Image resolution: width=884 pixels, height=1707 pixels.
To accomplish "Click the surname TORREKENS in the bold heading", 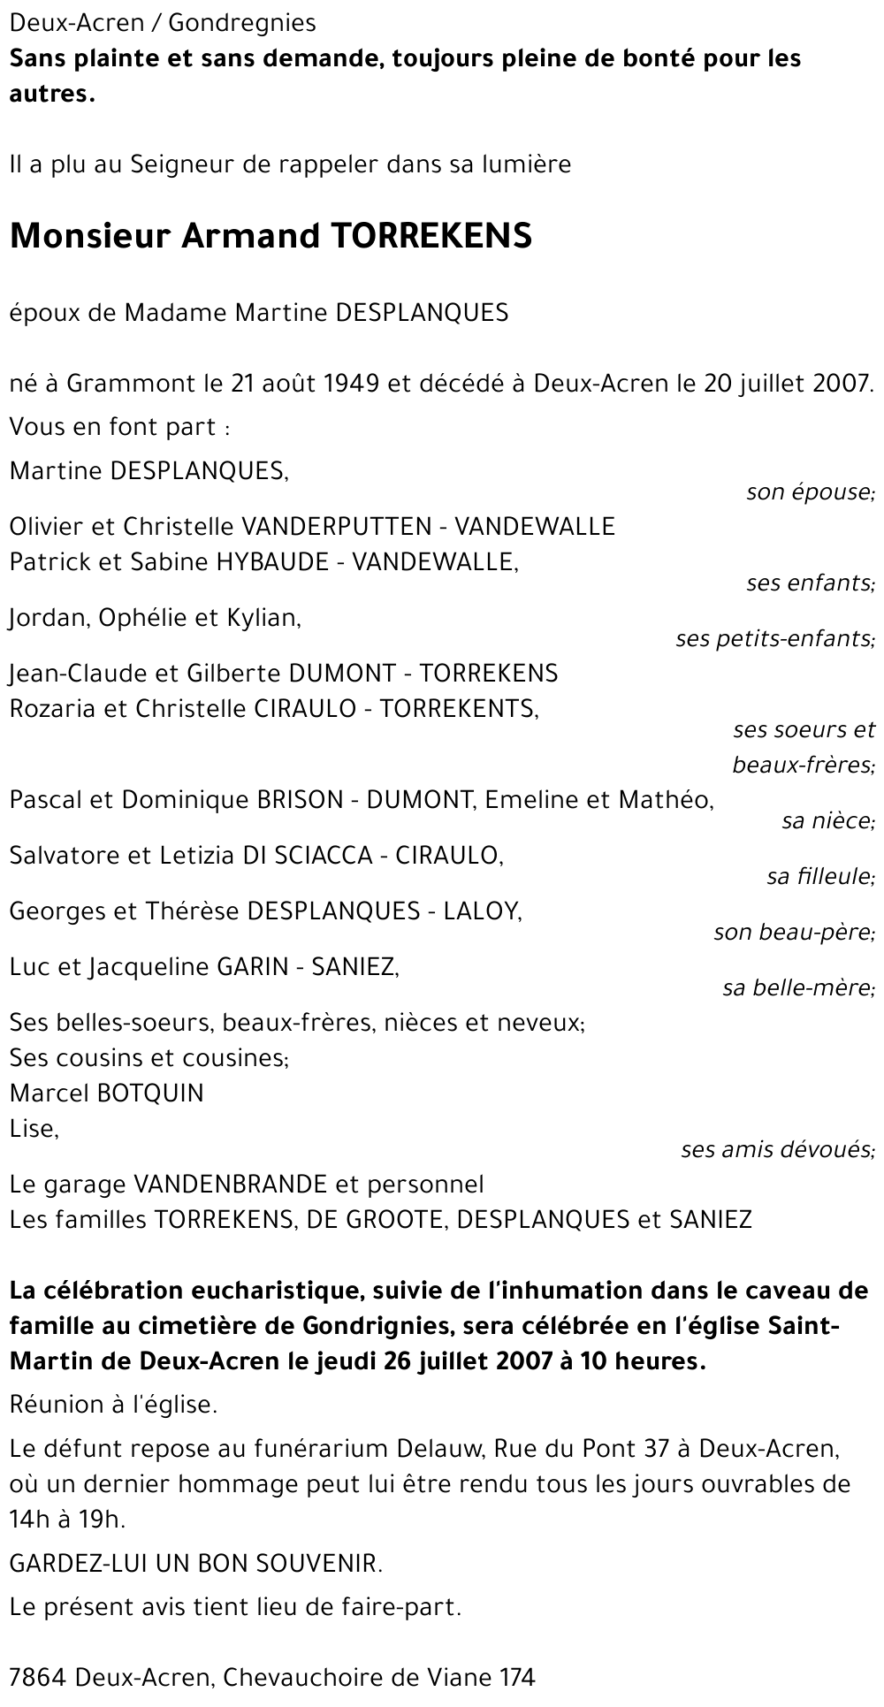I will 431,236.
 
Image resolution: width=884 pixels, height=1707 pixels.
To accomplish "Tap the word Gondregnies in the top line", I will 241,23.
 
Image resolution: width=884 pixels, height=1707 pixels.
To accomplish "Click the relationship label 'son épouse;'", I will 810,492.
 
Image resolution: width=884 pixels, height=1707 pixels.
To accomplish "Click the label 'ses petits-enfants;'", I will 774,637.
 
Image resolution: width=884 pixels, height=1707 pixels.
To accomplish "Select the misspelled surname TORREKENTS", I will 459,709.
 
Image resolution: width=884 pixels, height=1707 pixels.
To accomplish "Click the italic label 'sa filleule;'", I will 820,877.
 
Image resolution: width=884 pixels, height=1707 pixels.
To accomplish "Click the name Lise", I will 33,1129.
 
